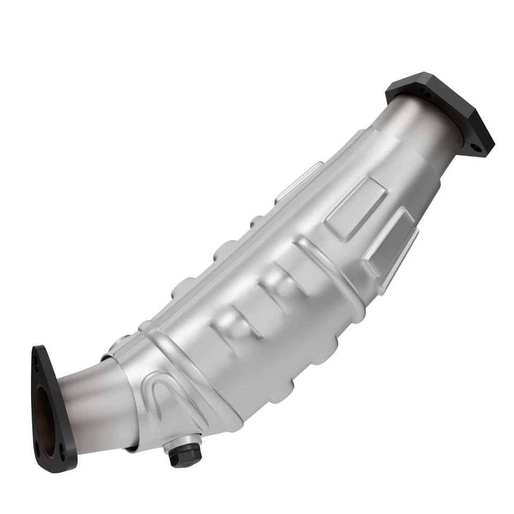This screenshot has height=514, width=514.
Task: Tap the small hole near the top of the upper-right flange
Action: [x=426, y=94]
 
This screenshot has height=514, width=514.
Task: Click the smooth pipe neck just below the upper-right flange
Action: [x=423, y=134]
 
